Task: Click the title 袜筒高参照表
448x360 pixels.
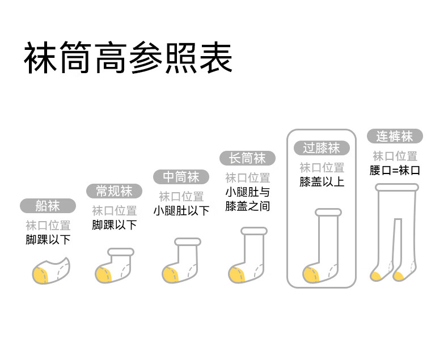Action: (128, 58)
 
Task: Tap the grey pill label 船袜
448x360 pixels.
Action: (48, 206)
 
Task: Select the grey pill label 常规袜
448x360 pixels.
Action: (114, 191)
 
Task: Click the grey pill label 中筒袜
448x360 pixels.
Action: (181, 177)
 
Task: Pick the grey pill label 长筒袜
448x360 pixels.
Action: (247, 158)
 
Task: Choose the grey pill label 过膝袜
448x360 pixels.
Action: (322, 148)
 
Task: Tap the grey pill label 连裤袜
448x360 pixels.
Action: (395, 136)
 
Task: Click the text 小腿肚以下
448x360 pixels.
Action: (181, 211)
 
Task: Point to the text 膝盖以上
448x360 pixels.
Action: (322, 182)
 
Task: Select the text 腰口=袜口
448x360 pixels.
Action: (395, 171)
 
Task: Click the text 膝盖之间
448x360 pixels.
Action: (247, 206)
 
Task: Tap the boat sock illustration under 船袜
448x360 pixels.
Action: (51, 271)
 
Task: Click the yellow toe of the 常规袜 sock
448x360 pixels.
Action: (103, 275)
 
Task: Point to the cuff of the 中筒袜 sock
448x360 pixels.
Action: (188, 242)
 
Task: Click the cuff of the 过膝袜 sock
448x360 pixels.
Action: (328, 212)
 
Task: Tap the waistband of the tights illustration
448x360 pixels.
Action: (397, 188)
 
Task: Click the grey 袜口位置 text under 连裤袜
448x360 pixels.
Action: (395, 156)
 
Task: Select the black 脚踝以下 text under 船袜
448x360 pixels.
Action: (48, 240)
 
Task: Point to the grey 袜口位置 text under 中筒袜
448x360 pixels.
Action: (181, 197)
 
